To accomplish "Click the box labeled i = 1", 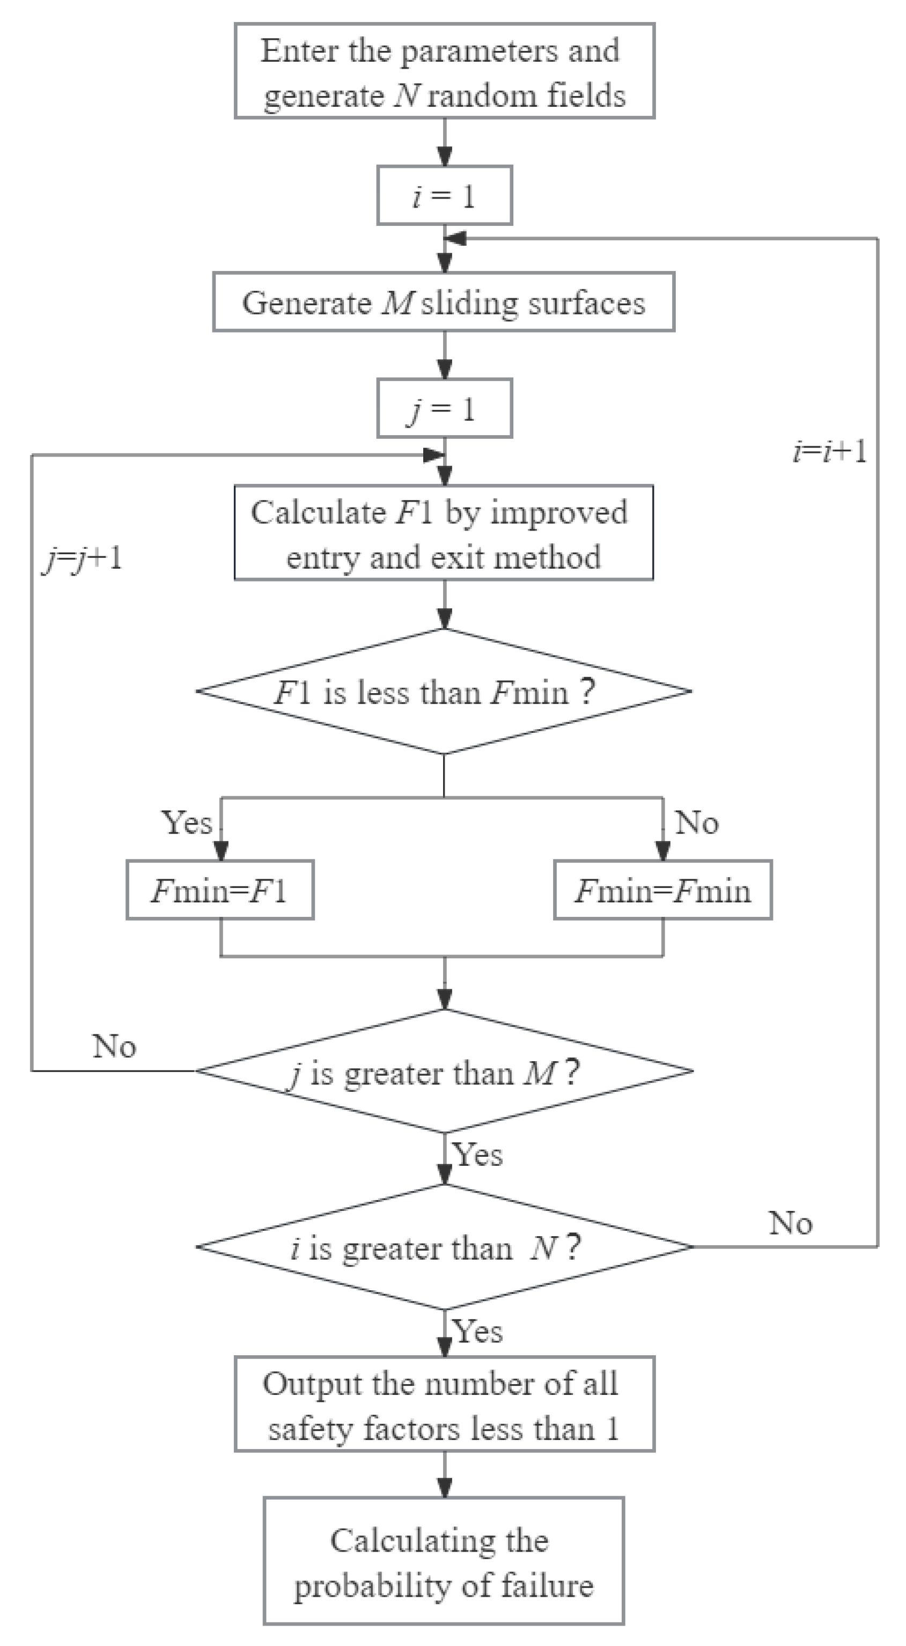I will [444, 195].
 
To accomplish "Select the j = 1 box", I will [444, 408].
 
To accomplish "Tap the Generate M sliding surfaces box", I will [444, 302].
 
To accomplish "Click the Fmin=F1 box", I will [220, 890].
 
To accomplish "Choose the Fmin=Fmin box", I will [662, 890].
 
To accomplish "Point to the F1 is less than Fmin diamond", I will [444, 692].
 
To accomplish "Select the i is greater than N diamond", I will [444, 1247].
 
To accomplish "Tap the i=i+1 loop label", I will [829, 452].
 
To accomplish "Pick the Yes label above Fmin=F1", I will [186, 822].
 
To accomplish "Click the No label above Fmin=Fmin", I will [696, 822].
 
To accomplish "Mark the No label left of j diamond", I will [114, 1047].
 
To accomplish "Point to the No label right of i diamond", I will [790, 1223].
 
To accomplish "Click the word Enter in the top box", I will [298, 51].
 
